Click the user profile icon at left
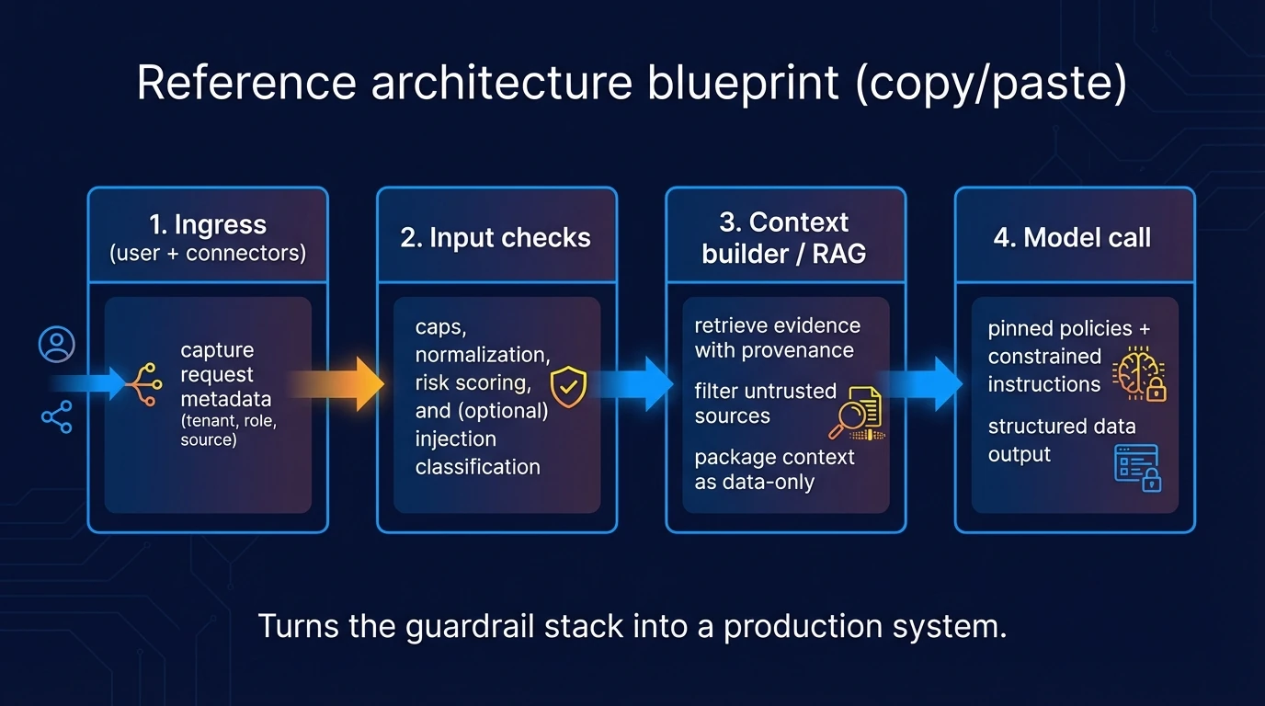pos(56,345)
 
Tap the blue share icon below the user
pos(56,417)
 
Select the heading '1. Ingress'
pos(208,225)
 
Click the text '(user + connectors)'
pos(208,253)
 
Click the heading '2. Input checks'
pos(496,237)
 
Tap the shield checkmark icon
pos(568,387)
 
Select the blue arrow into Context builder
pos(644,383)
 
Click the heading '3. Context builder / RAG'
pos(785,237)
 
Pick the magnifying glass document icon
pos(856,413)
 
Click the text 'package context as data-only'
pos(774,469)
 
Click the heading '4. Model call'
pos(1073,237)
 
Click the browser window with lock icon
pos(1137,466)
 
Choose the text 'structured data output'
pos(1061,440)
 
